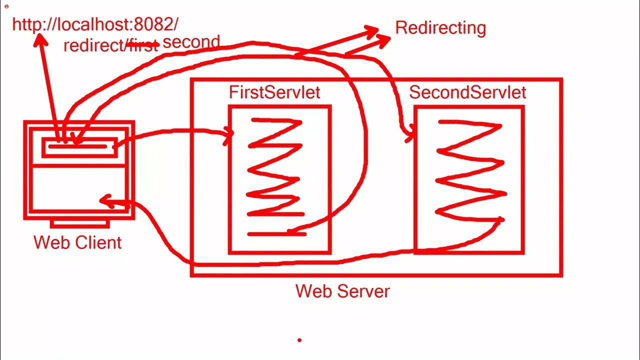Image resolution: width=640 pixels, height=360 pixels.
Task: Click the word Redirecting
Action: click(x=440, y=28)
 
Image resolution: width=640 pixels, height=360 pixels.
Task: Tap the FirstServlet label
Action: click(x=274, y=92)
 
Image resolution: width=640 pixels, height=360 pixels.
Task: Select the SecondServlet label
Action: click(x=467, y=92)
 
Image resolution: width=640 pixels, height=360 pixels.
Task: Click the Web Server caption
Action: click(x=342, y=291)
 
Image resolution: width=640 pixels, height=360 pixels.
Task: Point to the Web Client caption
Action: click(x=77, y=242)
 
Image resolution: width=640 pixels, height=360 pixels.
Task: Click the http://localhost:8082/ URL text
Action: click(x=95, y=24)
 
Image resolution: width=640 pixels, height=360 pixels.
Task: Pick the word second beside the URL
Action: click(x=191, y=42)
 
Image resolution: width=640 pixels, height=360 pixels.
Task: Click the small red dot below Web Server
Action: click(x=299, y=340)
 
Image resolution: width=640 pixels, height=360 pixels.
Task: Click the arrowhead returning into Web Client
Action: click(x=105, y=201)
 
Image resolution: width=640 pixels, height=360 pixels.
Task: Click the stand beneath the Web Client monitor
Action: click(x=79, y=223)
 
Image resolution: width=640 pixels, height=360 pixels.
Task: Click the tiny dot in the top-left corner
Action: click(x=6, y=6)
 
